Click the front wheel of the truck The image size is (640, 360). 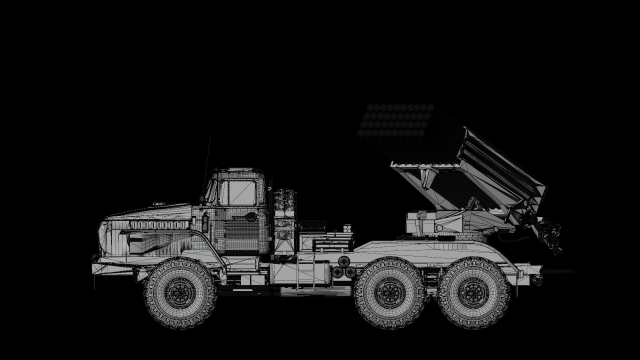(180, 292)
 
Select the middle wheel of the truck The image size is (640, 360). (389, 292)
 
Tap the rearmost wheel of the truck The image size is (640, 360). (474, 292)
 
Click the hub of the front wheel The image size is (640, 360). (180, 293)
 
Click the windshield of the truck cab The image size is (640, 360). (211, 189)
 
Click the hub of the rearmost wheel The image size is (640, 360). (474, 293)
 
